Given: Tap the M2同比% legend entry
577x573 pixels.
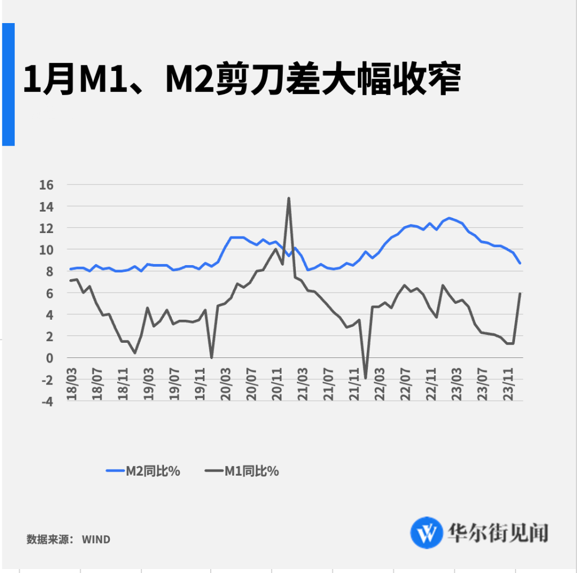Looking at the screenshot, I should [x=143, y=471].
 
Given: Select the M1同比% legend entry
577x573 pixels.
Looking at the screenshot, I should [x=242, y=471].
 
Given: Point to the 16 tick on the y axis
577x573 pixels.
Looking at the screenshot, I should [x=46, y=185].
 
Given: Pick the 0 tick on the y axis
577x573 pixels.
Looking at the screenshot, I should [x=50, y=358].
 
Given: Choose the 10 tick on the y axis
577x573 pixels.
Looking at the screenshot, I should [x=46, y=249].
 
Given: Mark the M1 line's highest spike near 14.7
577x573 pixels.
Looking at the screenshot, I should [x=288, y=198].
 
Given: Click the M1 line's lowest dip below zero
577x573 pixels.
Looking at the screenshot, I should [x=366, y=378].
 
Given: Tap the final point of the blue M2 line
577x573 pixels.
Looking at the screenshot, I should [x=520, y=263].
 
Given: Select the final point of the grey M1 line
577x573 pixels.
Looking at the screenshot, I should [x=520, y=293].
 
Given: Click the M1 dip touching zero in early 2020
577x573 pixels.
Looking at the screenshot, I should [x=211, y=357].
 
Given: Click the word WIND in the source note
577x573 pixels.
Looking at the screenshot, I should [x=96, y=539].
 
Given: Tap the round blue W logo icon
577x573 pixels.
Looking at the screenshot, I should [x=427, y=532].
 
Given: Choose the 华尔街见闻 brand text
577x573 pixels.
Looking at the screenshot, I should [x=498, y=532].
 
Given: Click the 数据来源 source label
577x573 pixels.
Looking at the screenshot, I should [x=47, y=539].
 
